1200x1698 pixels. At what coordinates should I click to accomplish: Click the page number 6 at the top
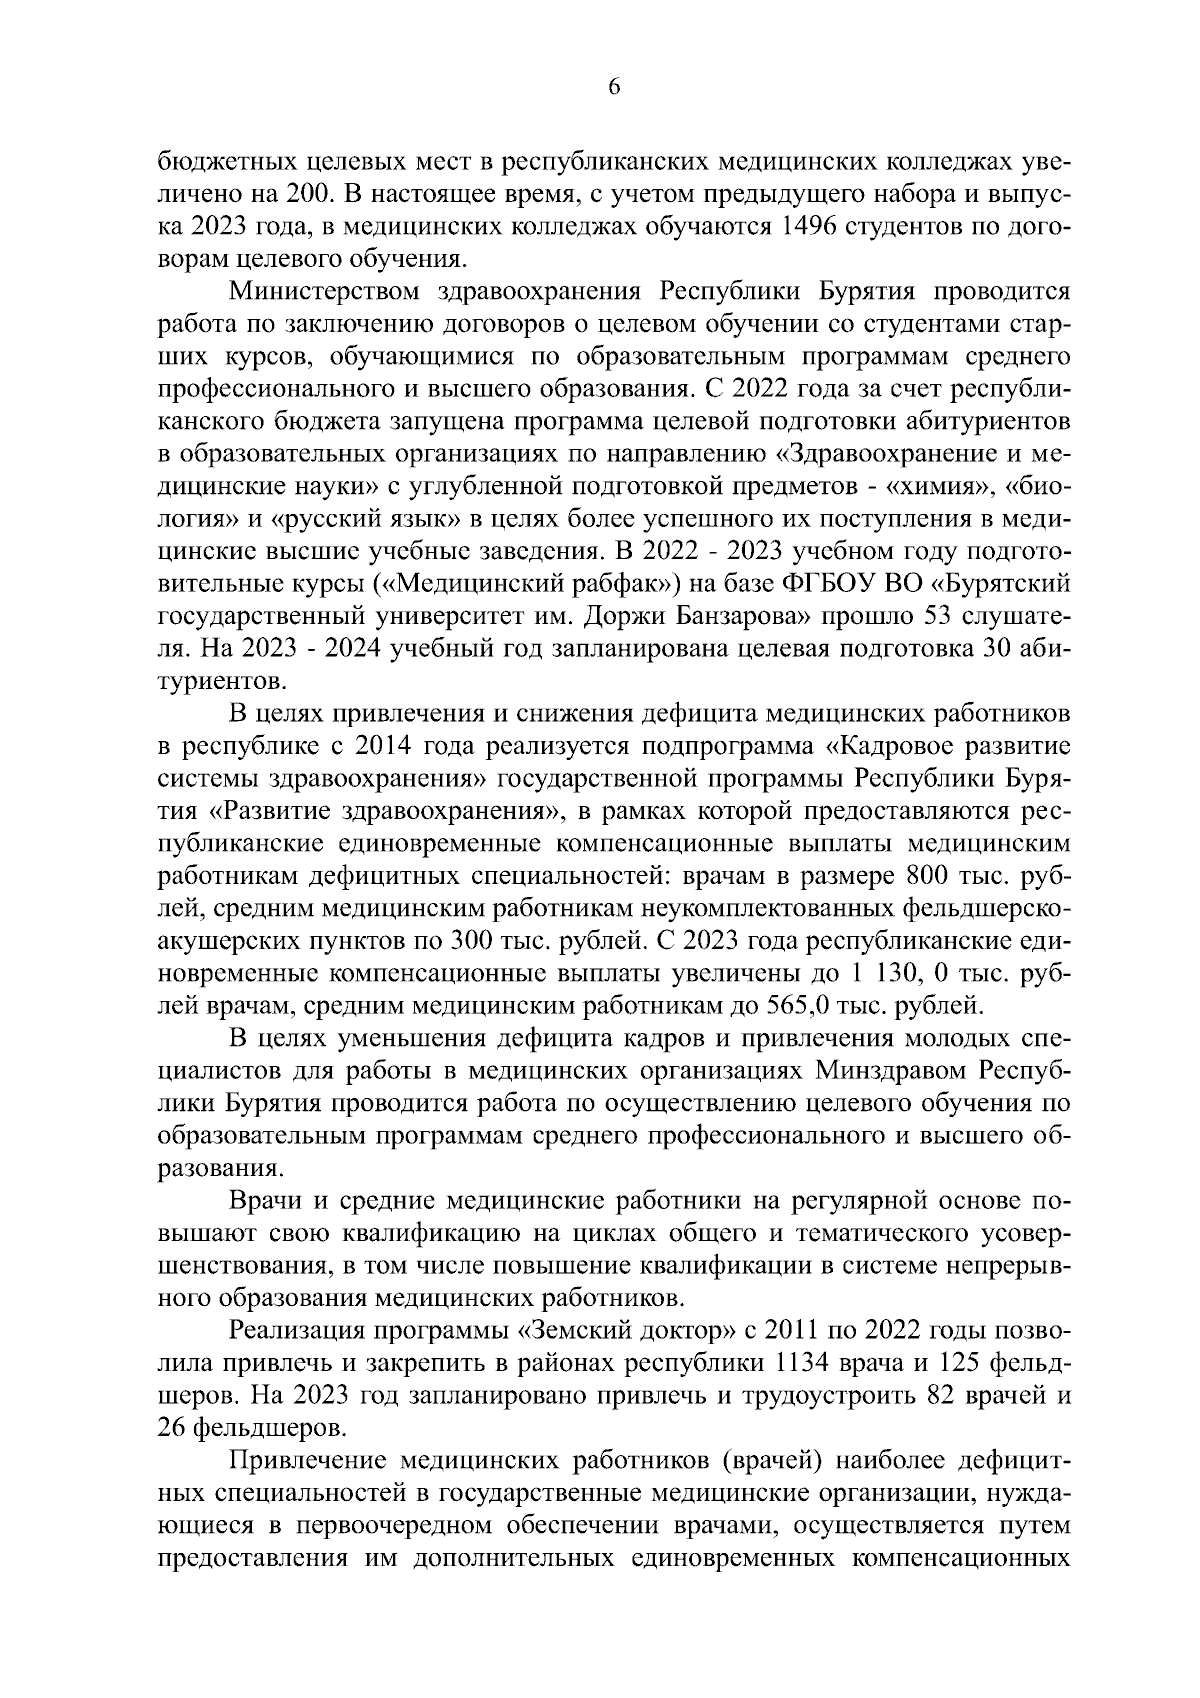coord(614,88)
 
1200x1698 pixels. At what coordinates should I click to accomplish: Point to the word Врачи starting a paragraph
coord(262,1201)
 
